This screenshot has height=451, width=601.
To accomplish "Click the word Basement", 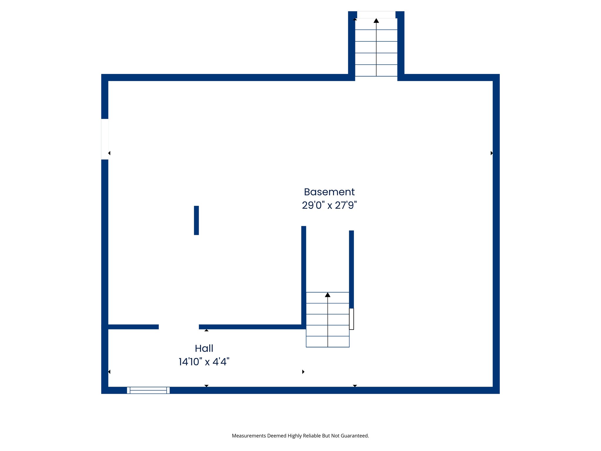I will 329,192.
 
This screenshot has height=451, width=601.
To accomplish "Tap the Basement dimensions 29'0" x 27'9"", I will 329,205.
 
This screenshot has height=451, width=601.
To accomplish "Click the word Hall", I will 204,349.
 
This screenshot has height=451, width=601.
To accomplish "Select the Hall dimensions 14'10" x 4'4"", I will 204,362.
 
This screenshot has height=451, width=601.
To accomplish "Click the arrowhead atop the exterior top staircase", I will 376,21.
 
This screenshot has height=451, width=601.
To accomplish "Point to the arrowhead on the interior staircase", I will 327,295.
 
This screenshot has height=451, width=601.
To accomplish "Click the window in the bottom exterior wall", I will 148,390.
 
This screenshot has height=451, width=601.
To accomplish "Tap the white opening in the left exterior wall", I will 105,139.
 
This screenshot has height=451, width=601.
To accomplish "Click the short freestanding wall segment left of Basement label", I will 196,220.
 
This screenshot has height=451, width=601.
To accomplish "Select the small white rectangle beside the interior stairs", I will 352,319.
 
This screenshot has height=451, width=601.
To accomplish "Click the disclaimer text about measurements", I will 300,436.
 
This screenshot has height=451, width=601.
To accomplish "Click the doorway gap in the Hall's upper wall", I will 179,327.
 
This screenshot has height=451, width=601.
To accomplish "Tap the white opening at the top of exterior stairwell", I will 376,15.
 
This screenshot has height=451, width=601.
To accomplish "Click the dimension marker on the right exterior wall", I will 492,153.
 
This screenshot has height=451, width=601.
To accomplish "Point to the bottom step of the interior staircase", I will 327,342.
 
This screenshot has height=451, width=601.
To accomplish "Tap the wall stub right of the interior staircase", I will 352,269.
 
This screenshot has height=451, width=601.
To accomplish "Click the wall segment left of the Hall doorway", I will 134,327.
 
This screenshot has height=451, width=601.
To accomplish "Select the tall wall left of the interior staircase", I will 304,276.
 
